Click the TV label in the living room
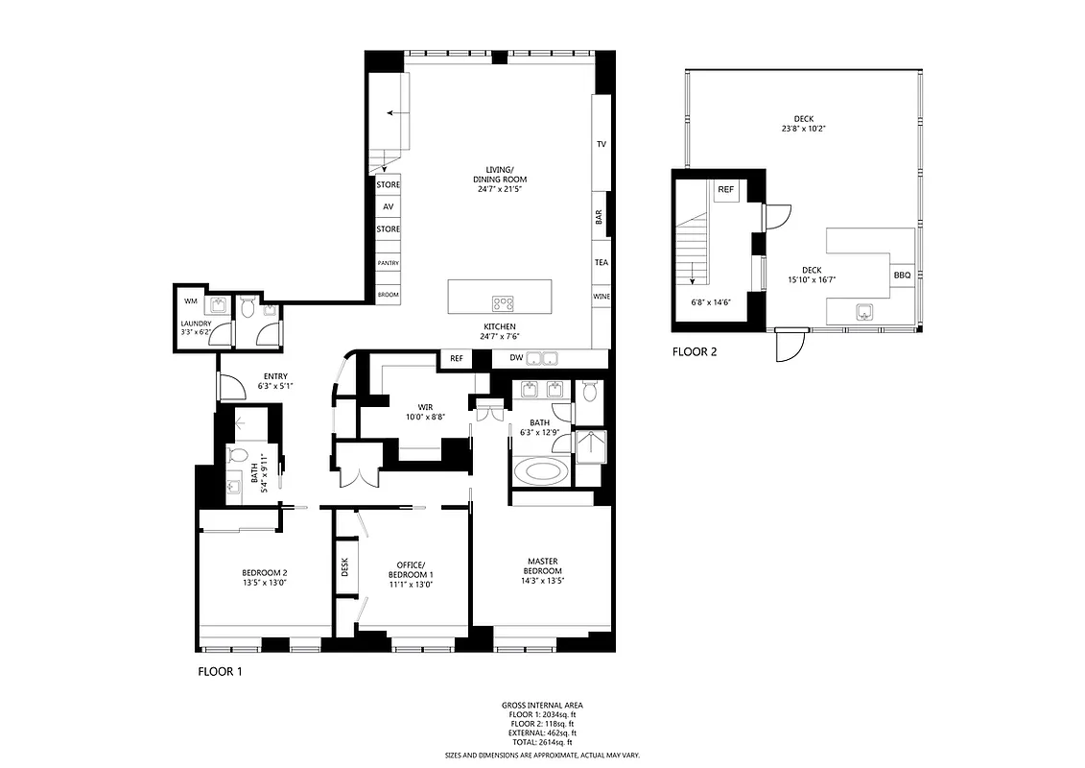pyautogui.click(x=601, y=144)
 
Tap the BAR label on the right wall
pyautogui.click(x=601, y=219)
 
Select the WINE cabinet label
pyautogui.click(x=601, y=297)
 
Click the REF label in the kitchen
pyautogui.click(x=456, y=359)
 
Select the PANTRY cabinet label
pyautogui.click(x=388, y=263)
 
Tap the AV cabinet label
pyautogui.click(x=388, y=206)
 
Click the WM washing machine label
pyautogui.click(x=190, y=301)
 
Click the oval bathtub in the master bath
pyautogui.click(x=541, y=472)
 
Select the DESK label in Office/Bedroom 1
pyautogui.click(x=344, y=567)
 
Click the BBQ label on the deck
pyautogui.click(x=902, y=276)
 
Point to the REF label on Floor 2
pyautogui.click(x=726, y=190)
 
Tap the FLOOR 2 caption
pyautogui.click(x=695, y=352)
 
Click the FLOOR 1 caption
pyautogui.click(x=220, y=672)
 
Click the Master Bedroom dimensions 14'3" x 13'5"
pyautogui.click(x=542, y=580)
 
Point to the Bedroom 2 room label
pyautogui.click(x=265, y=573)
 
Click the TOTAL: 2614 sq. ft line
pyautogui.click(x=542, y=741)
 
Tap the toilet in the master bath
pyautogui.click(x=590, y=392)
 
